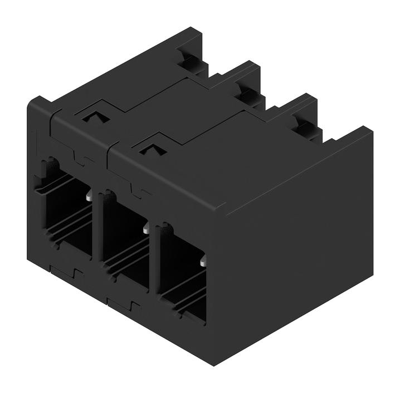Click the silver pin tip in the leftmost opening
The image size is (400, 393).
coord(89,195)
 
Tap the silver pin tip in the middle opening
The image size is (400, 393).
coord(146,228)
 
